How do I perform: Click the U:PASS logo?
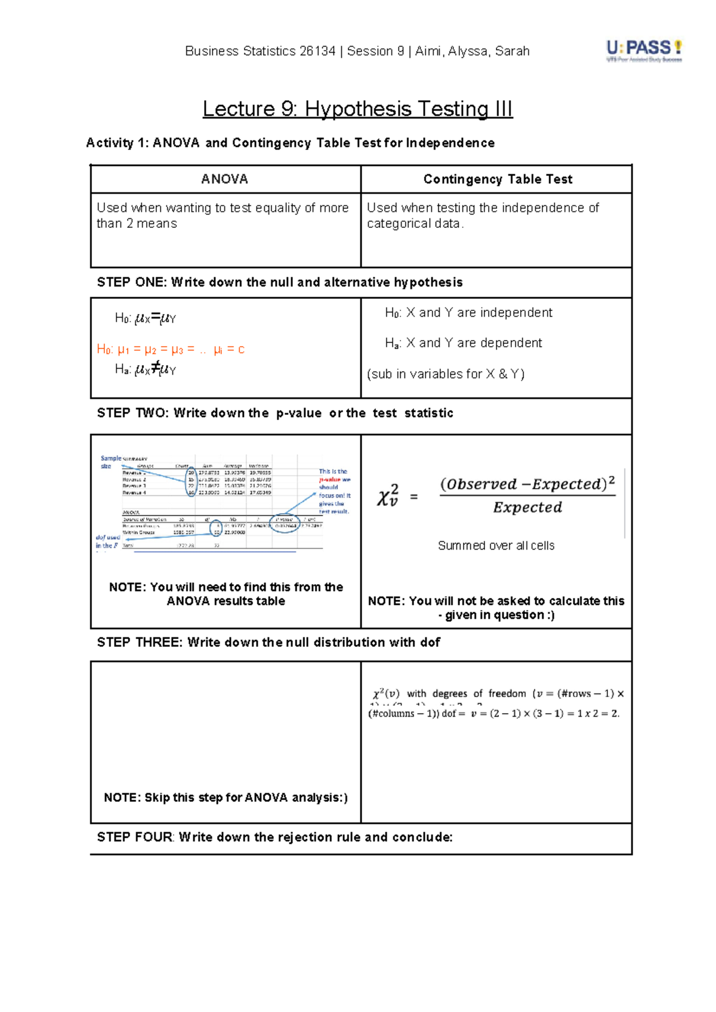coord(644,51)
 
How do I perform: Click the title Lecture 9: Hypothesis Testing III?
coord(357,109)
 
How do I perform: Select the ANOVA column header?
coord(225,179)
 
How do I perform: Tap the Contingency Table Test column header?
coord(497,179)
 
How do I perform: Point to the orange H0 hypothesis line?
coord(171,350)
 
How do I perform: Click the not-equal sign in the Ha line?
coord(155,368)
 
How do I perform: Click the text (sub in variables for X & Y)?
coord(446,374)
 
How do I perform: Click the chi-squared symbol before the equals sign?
coord(387,496)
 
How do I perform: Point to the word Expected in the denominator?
coord(527,508)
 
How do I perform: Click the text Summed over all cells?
coord(496,545)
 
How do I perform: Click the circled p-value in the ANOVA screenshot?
coord(285,524)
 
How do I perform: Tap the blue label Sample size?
coord(110,462)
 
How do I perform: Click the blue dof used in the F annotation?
coord(107,541)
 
